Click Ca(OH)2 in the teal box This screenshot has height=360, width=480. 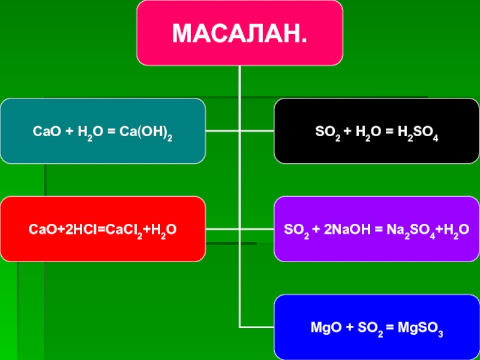[152, 131]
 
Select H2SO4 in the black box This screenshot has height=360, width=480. [418, 131]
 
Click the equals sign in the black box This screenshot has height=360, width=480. [388, 130]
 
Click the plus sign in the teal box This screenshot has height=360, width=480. [68, 130]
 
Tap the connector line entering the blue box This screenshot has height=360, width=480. [258, 327]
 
